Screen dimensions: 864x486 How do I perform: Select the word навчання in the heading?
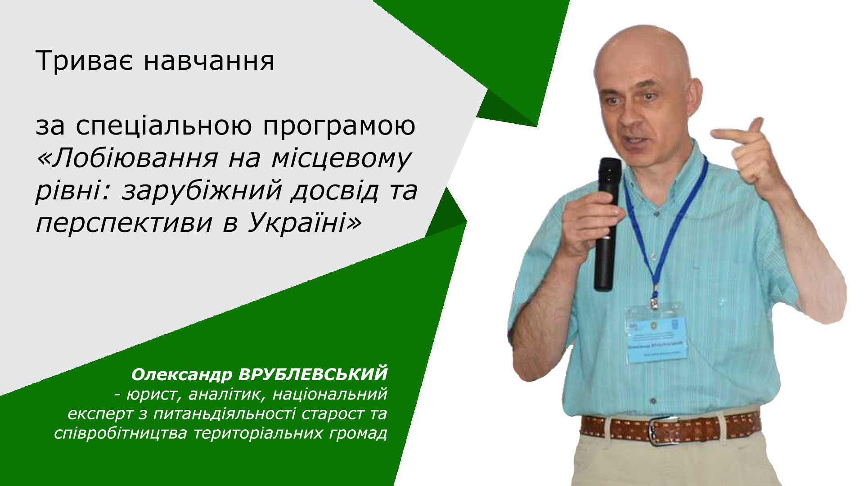point(209,62)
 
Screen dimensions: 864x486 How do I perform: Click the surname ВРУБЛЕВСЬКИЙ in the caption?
point(313,374)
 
